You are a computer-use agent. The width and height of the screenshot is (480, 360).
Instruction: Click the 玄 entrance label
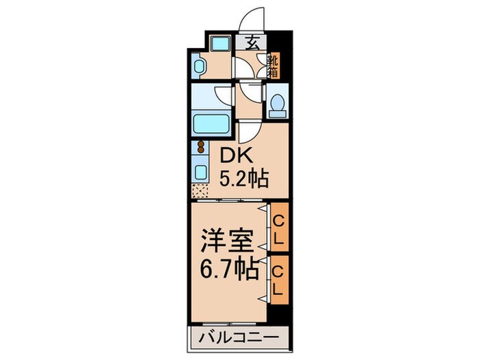point(252,42)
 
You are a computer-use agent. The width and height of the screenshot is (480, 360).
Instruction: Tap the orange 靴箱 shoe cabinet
point(272,64)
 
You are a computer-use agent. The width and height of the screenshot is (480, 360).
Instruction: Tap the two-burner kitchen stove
point(201,147)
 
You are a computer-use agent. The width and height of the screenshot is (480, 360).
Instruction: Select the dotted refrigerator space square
point(201,190)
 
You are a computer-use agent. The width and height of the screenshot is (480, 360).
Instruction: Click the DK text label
point(234,156)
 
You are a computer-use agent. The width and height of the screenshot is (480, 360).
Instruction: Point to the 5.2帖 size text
point(243,180)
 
